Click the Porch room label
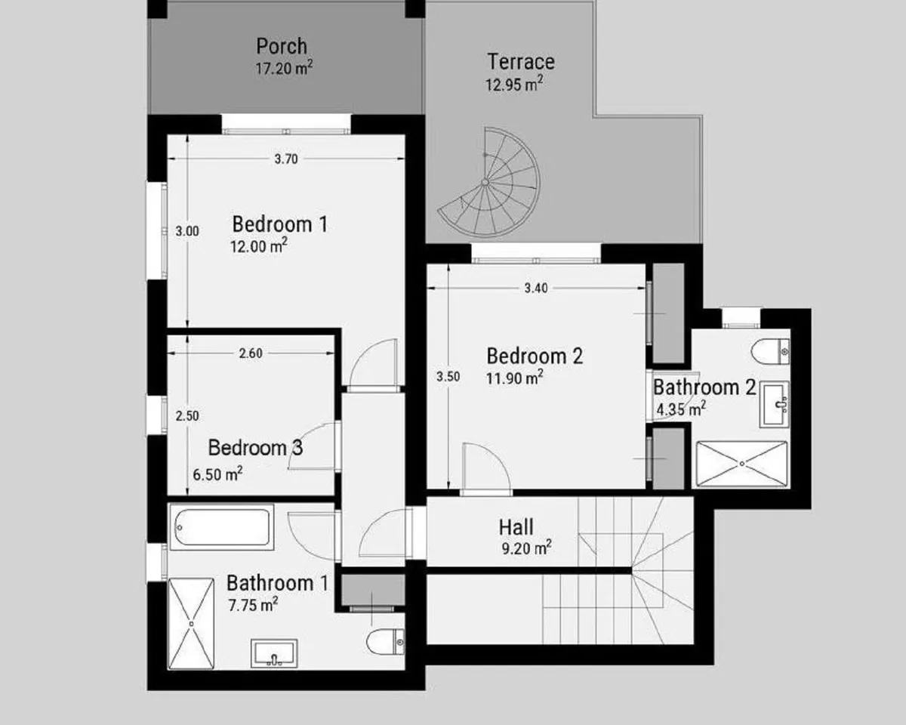(282, 46)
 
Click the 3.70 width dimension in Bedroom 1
(286, 159)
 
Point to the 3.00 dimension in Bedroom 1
(187, 231)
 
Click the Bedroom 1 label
(280, 224)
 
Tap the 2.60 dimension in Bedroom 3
(251, 353)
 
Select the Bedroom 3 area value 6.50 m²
(217, 474)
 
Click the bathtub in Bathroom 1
(221, 527)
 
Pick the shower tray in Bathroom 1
(191, 624)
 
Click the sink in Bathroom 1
(274, 653)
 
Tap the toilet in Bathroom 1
(386, 642)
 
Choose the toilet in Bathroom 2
(770, 351)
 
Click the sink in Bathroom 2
(774, 405)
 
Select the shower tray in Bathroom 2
(742, 464)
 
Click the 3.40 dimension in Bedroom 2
(536, 288)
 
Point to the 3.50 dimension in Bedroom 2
(448, 377)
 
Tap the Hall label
(516, 527)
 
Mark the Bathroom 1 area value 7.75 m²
(253, 605)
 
